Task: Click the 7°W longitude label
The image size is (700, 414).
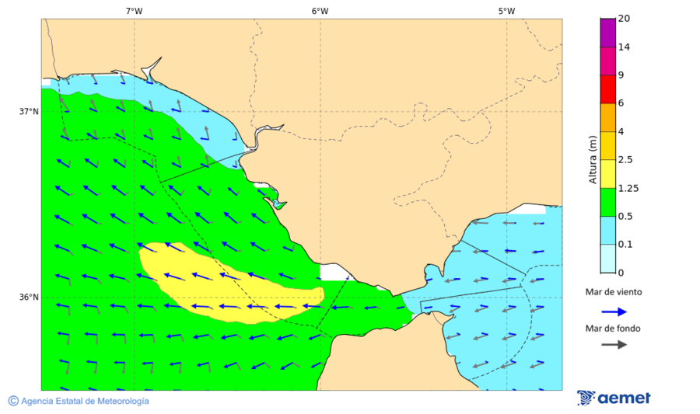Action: pyautogui.click(x=134, y=11)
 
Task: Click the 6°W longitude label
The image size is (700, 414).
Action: pyautogui.click(x=320, y=11)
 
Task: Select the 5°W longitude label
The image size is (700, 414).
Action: pyautogui.click(x=506, y=11)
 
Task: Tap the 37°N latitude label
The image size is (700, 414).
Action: pyautogui.click(x=29, y=111)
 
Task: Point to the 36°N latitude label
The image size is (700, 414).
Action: pyautogui.click(x=29, y=297)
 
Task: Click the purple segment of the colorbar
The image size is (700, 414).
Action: pyautogui.click(x=607, y=32)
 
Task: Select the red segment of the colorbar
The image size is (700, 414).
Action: pyautogui.click(x=607, y=89)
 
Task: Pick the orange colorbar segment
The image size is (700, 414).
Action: pyautogui.click(x=607, y=117)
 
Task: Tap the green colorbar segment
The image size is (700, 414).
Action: pyautogui.click(x=607, y=202)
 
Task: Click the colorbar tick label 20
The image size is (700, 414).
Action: pyautogui.click(x=624, y=19)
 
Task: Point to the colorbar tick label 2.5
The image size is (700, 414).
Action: pyautogui.click(x=625, y=160)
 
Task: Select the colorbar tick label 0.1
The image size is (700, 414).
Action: pyautogui.click(x=625, y=245)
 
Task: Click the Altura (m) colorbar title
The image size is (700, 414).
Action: pyautogui.click(x=593, y=160)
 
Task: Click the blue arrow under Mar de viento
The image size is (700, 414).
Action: pyautogui.click(x=614, y=311)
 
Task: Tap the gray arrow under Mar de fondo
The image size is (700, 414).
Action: pyautogui.click(x=614, y=344)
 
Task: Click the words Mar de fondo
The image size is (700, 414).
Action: pyautogui.click(x=614, y=328)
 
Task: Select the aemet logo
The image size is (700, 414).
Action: pyautogui.click(x=614, y=398)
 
